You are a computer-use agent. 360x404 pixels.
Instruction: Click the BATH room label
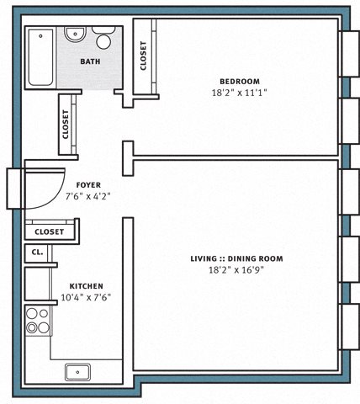click(x=90, y=61)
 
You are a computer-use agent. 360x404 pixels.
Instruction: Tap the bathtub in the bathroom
click(x=40, y=57)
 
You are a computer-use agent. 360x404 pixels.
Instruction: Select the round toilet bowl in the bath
click(x=103, y=41)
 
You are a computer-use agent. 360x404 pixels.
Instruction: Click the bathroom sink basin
click(x=75, y=35)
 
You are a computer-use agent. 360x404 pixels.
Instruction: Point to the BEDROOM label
click(x=240, y=82)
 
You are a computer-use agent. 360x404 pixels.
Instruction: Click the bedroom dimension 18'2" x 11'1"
click(x=239, y=93)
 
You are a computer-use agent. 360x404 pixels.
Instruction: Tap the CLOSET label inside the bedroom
click(x=143, y=56)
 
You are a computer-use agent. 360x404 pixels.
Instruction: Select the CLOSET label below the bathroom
click(x=66, y=124)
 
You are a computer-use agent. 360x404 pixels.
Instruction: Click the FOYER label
click(x=88, y=185)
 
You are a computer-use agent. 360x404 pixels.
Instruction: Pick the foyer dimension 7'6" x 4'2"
click(x=87, y=196)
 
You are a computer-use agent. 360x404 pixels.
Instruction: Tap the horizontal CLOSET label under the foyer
click(x=49, y=231)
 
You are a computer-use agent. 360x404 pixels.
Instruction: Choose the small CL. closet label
click(x=37, y=252)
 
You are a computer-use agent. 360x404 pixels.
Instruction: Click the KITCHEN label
click(x=86, y=286)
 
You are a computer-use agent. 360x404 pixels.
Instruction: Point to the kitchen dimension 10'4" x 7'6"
click(x=86, y=297)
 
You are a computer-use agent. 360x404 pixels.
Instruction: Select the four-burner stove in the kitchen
click(x=38, y=321)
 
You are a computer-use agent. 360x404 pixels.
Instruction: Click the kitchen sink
click(x=77, y=372)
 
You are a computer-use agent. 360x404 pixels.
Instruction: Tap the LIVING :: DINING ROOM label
click(x=236, y=258)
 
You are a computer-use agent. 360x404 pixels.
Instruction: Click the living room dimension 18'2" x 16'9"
click(x=236, y=270)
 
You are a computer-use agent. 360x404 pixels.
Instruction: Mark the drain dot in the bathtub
click(x=40, y=36)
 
